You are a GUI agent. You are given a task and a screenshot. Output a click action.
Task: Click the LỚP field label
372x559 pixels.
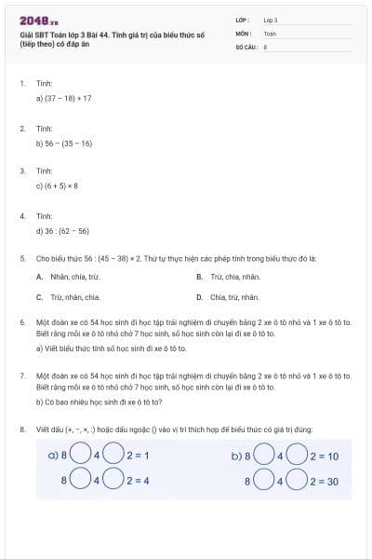click(244, 20)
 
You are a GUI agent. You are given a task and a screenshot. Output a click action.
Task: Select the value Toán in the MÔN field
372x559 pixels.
click(270, 33)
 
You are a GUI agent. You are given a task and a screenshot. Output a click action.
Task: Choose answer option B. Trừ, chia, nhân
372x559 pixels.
click(229, 277)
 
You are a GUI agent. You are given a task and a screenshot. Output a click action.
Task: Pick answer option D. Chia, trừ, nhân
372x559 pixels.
click(229, 297)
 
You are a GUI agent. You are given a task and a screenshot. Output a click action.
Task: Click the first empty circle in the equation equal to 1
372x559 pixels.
click(81, 457)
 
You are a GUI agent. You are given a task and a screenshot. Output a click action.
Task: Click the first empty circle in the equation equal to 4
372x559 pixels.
click(81, 480)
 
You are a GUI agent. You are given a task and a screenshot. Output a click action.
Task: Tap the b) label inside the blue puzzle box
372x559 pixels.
click(236, 457)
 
